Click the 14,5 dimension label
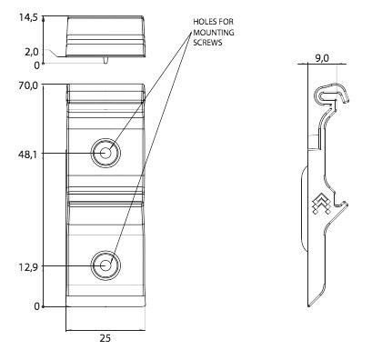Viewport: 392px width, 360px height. [28, 17]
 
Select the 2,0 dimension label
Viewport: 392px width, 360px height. [32, 52]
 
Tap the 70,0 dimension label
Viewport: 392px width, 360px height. [28, 85]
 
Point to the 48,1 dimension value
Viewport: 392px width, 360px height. [28, 155]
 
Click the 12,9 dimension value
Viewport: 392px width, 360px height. [28, 267]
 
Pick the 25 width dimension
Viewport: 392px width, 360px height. [106, 338]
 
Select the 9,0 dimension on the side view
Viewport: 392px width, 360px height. [321, 58]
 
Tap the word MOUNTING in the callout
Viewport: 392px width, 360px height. [214, 32]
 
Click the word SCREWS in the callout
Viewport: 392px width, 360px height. [207, 43]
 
